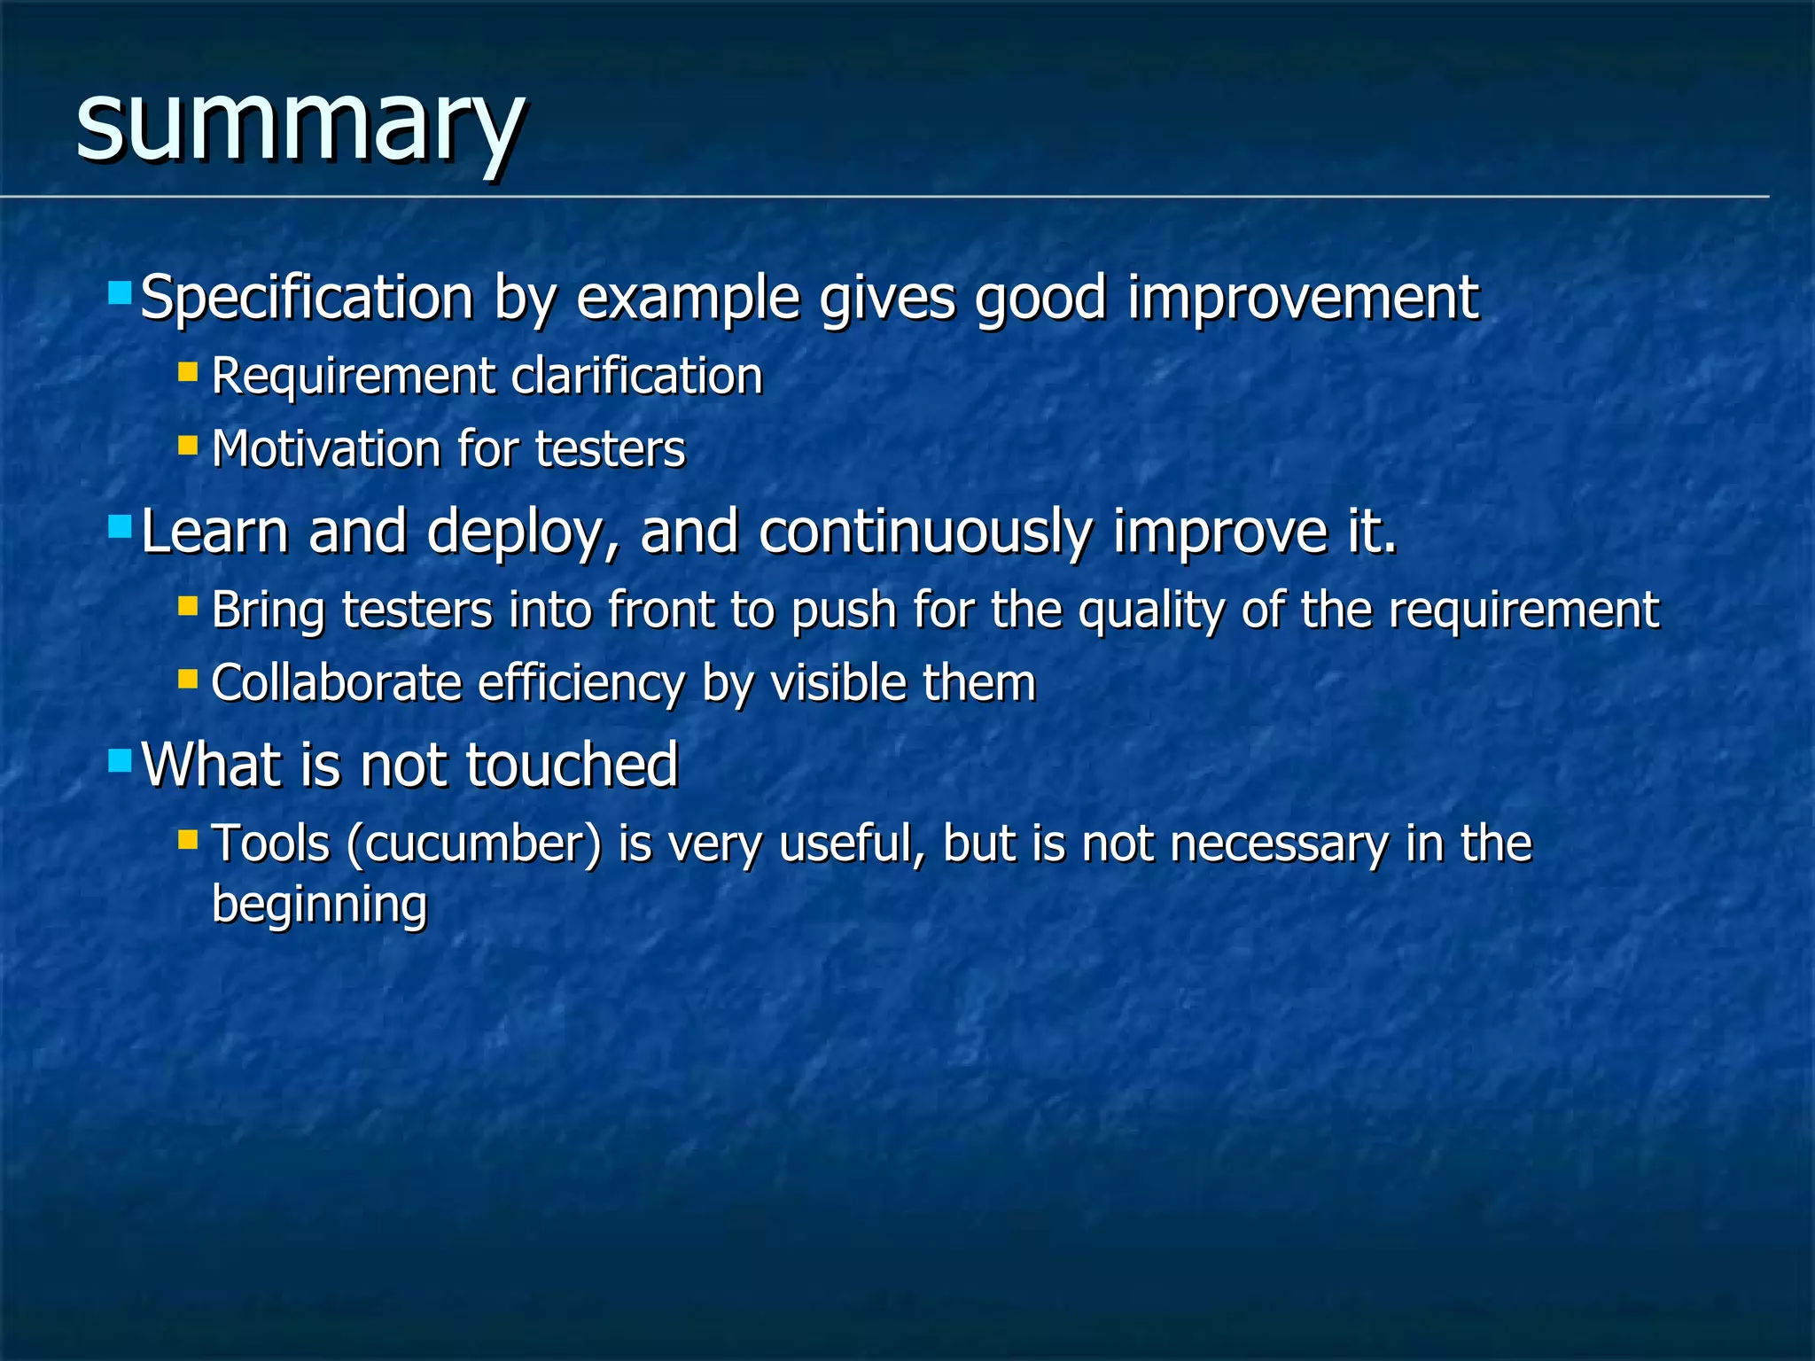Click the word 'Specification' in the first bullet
307,298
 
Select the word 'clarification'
637,376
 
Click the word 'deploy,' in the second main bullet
523,532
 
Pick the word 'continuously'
925,532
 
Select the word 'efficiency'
581,683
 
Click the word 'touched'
572,765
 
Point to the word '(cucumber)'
474,844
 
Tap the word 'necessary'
1279,844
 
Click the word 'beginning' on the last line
319,905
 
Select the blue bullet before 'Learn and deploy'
120,528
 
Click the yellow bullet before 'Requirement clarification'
187,370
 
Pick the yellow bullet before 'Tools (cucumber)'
187,838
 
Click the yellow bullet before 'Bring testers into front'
187,605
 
